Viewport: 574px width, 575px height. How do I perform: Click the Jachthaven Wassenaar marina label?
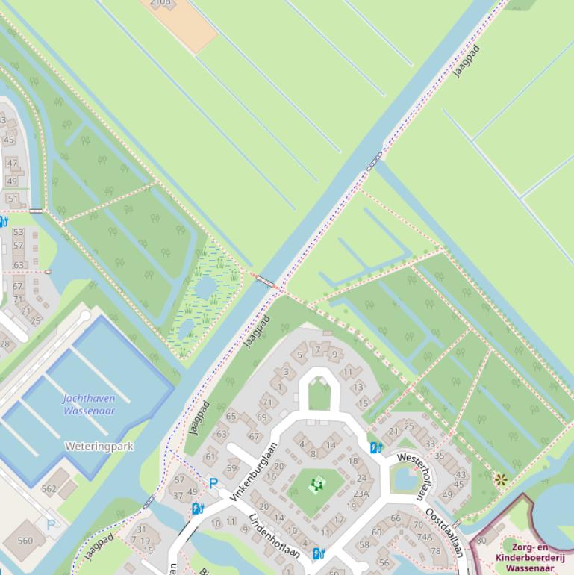point(89,404)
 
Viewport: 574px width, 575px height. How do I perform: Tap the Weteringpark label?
point(99,446)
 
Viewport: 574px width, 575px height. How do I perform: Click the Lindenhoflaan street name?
point(274,535)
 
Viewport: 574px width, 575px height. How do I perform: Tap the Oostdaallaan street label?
point(444,532)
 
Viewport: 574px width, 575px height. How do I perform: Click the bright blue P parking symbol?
point(213,484)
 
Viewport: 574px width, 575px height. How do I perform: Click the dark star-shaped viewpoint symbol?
point(500,479)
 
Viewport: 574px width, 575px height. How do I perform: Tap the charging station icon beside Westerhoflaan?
point(376,447)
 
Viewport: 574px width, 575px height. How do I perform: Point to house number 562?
point(49,489)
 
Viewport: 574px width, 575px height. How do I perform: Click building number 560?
point(25,541)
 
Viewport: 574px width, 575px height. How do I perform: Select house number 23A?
point(361,493)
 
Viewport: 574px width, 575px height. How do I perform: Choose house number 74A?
point(425,536)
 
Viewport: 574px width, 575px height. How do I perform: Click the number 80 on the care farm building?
point(481,540)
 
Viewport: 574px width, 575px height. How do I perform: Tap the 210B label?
point(160,3)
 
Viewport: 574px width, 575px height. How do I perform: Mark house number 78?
point(436,550)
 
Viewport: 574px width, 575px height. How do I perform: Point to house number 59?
point(231,469)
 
